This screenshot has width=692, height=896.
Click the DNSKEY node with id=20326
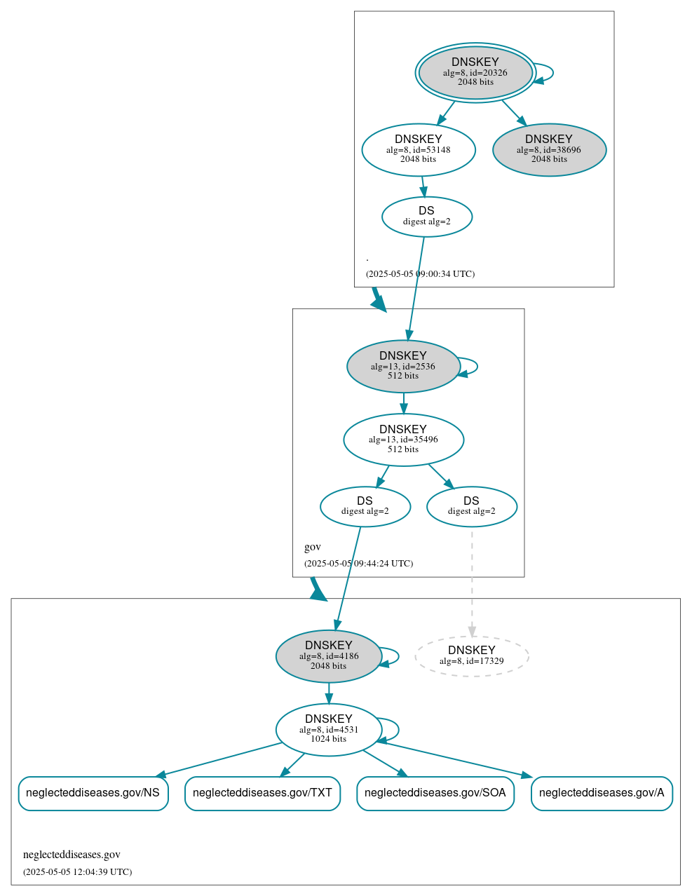point(475,72)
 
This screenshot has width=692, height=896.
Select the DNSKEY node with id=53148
point(419,149)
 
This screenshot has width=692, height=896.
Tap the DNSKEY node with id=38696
point(549,149)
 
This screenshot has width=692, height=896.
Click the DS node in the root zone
point(426,217)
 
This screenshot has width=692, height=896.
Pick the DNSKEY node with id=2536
point(403,366)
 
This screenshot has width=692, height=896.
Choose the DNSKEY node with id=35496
point(403,440)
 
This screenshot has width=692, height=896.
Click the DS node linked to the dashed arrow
point(471,506)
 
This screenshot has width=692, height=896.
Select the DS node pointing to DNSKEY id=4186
point(365,506)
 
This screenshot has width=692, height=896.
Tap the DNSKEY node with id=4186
point(329,656)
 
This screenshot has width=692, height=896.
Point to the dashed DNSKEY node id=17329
point(471,656)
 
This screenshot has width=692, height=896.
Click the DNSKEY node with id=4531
point(329,730)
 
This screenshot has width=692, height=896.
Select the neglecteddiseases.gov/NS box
point(93,793)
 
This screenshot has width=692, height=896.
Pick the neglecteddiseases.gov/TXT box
point(262,793)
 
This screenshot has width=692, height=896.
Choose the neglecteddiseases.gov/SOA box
point(435,793)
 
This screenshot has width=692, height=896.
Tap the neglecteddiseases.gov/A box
point(602,793)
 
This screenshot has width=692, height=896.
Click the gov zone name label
point(313,547)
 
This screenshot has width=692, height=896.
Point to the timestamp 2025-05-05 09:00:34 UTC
point(420,274)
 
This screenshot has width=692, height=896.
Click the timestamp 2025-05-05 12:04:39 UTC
point(77,872)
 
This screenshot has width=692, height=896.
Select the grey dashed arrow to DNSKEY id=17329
point(472,582)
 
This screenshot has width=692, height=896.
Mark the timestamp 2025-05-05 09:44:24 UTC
point(358,564)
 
